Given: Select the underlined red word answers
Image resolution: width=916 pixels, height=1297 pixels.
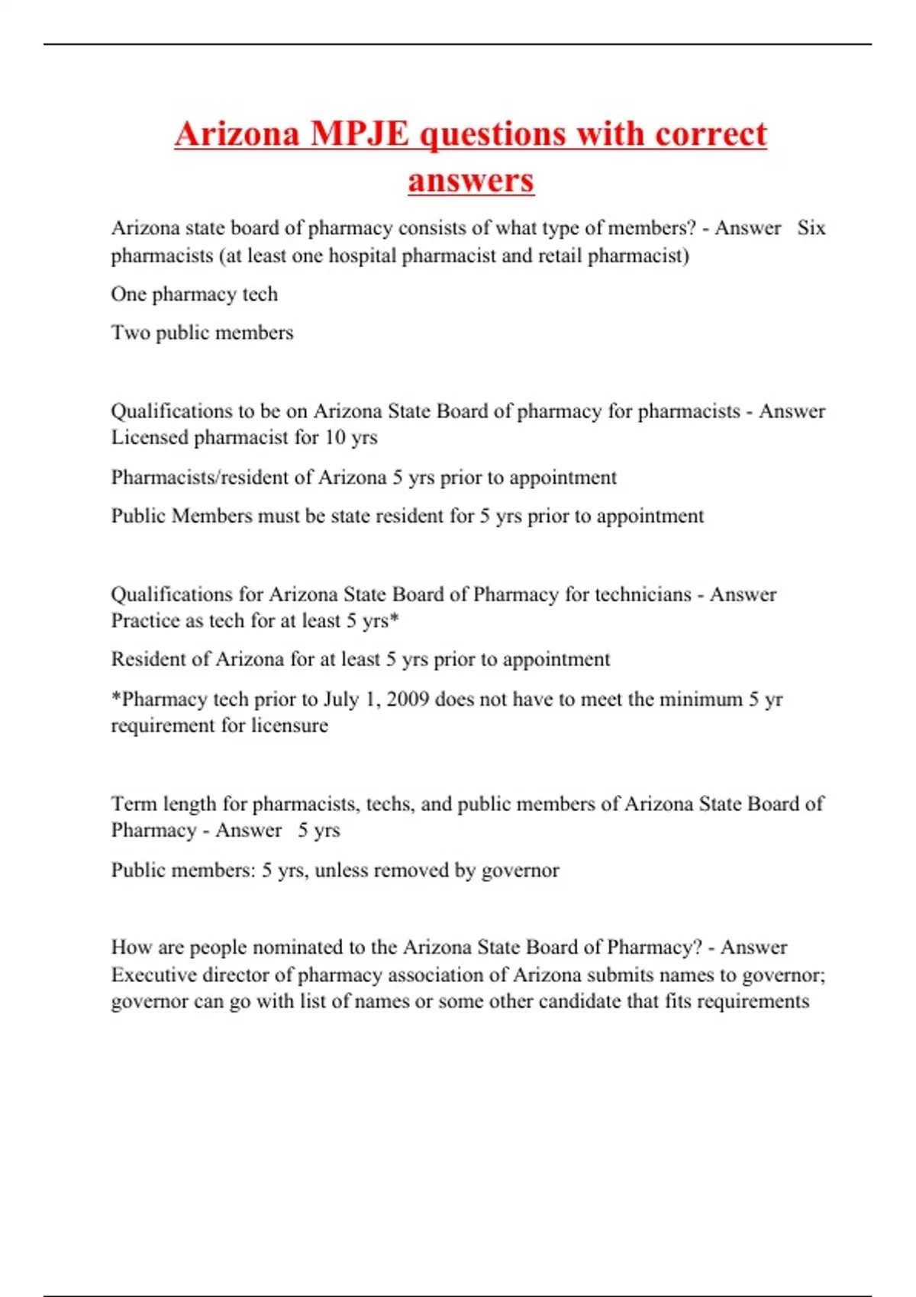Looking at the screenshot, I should (x=470, y=181).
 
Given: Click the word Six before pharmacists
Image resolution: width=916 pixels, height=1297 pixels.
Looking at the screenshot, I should (x=811, y=228).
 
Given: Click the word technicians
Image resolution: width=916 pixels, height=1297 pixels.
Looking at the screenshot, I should (x=640, y=594).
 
